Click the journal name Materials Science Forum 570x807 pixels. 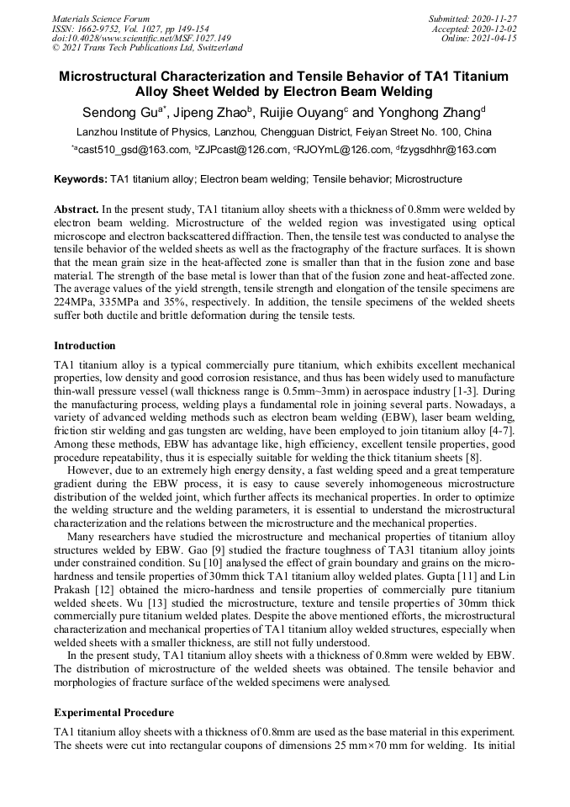click(x=101, y=19)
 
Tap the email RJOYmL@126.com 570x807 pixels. click(x=345, y=151)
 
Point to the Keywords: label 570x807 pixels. click(x=81, y=179)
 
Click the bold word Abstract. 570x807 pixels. click(x=77, y=208)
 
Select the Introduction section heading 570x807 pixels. click(x=85, y=346)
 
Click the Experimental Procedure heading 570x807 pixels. click(x=113, y=713)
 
